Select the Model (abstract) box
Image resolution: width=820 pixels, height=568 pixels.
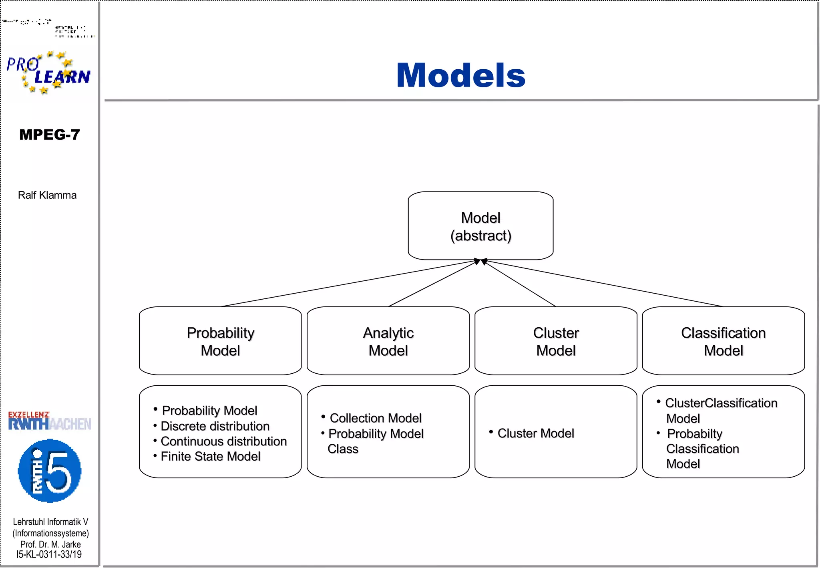click(480, 226)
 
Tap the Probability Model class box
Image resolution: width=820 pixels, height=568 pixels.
click(220, 341)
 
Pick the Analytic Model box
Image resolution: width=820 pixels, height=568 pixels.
click(388, 341)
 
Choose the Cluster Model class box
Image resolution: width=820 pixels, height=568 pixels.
click(556, 341)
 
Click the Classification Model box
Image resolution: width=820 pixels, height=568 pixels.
click(723, 341)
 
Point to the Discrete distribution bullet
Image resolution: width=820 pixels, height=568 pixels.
click(215, 426)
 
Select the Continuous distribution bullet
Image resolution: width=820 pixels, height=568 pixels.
click(223, 441)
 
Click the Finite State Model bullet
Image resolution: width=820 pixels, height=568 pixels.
click(210, 456)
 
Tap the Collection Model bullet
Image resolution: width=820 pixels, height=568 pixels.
click(375, 418)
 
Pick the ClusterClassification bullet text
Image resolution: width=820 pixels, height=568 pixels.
click(721, 403)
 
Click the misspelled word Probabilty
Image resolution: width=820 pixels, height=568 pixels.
click(694, 433)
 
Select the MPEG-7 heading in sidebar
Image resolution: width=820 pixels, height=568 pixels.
click(50, 135)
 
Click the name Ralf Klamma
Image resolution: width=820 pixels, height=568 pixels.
click(47, 195)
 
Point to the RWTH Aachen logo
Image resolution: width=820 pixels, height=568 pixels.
click(50, 421)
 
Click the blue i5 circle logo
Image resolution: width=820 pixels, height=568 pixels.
click(50, 471)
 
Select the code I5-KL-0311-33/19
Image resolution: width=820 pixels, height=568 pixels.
click(49, 554)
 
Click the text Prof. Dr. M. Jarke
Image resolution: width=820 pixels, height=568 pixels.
click(50, 544)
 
